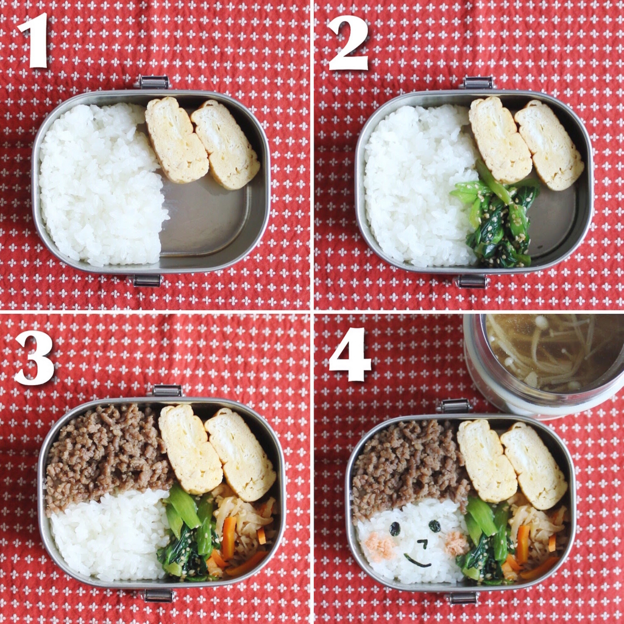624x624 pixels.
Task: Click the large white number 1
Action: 34,40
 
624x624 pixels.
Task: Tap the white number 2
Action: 348,43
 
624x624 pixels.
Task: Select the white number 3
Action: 34,357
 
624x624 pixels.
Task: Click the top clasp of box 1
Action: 153,82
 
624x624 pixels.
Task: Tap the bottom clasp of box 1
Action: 146,280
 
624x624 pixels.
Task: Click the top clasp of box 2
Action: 478,83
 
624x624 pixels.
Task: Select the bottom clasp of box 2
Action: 472,281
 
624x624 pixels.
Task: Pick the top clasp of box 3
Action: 167,391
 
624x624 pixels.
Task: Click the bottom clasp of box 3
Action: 158,596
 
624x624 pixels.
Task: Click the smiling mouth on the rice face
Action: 417,562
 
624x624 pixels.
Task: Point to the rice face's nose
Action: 423,543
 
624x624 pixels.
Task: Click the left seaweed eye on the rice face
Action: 395,528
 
